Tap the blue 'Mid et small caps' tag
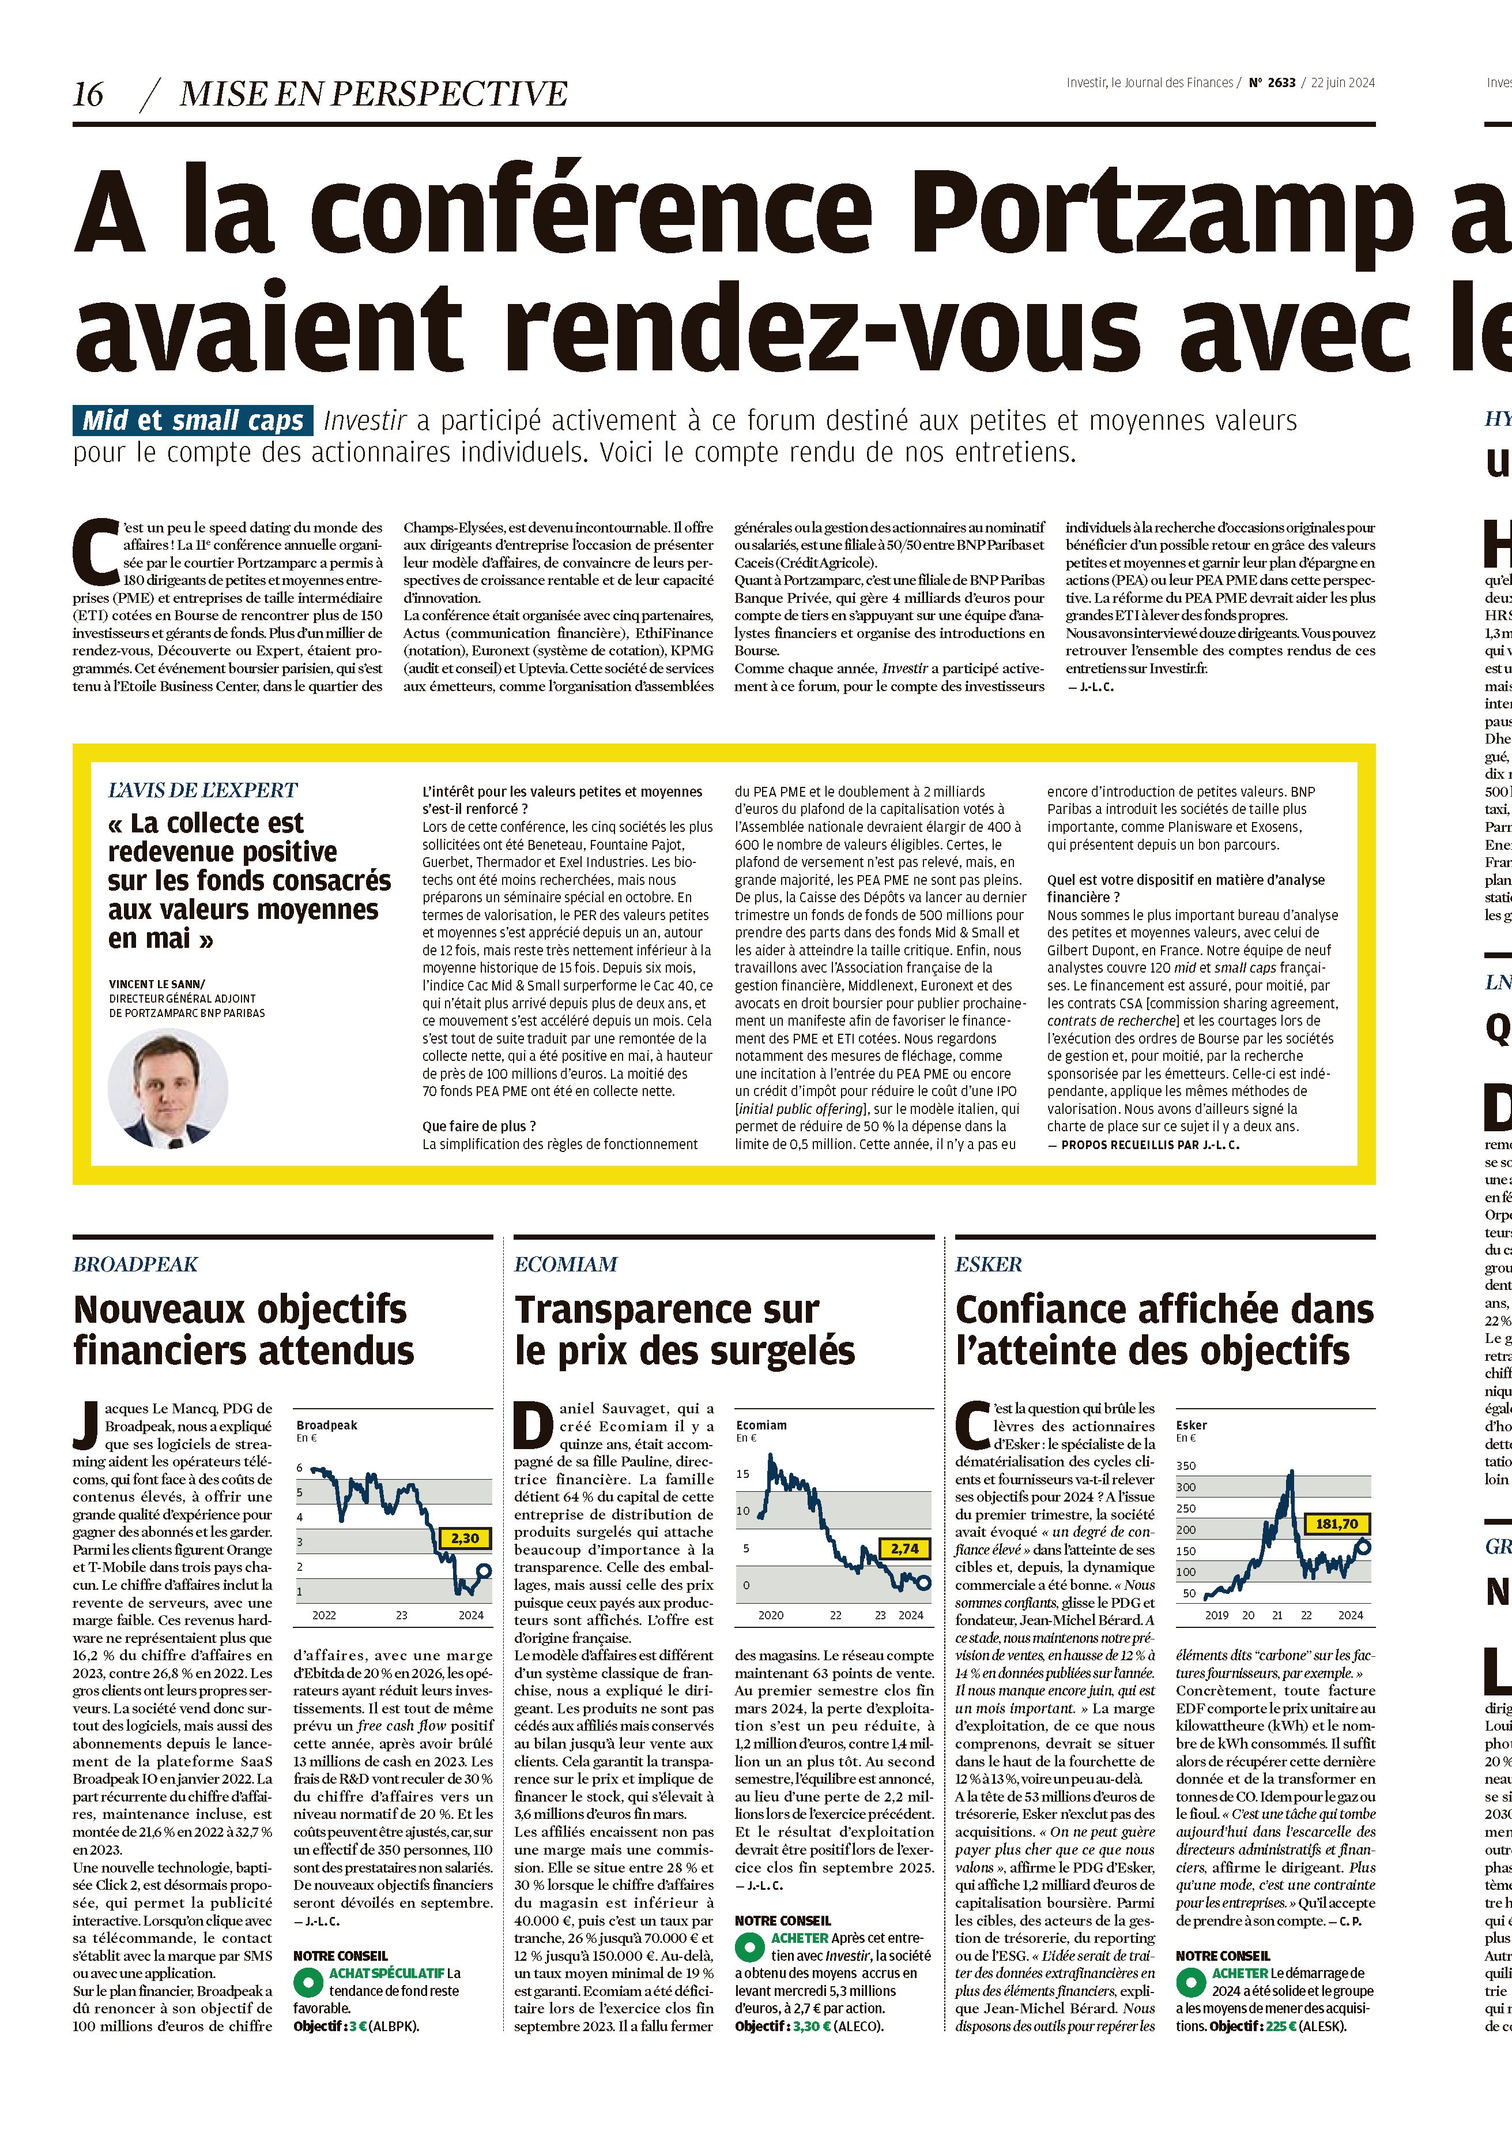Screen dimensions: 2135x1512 (193, 420)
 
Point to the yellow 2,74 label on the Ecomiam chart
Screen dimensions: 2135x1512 (904, 1548)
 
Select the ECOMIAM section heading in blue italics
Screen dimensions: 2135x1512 (565, 1264)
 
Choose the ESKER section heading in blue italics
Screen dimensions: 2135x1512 (988, 1264)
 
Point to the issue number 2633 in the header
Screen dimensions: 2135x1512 (1281, 83)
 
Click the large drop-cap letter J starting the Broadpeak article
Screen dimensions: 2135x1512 (86, 1426)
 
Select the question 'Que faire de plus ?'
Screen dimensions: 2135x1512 (478, 1126)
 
